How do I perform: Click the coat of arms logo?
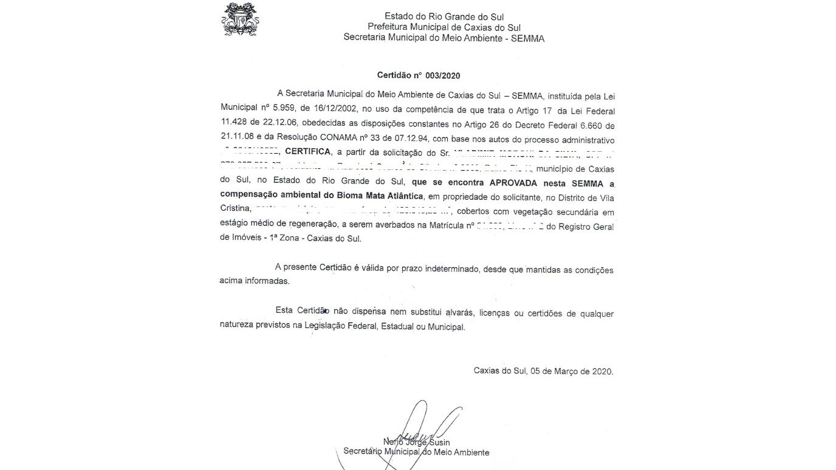pos(240,19)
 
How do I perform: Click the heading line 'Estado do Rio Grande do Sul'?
pos(444,16)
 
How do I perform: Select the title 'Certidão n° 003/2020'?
pos(419,76)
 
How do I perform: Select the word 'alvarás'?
pos(456,314)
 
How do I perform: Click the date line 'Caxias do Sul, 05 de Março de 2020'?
pos(543,371)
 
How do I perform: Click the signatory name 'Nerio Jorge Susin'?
pos(416,442)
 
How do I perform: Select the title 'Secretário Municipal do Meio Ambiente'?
pos(416,452)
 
